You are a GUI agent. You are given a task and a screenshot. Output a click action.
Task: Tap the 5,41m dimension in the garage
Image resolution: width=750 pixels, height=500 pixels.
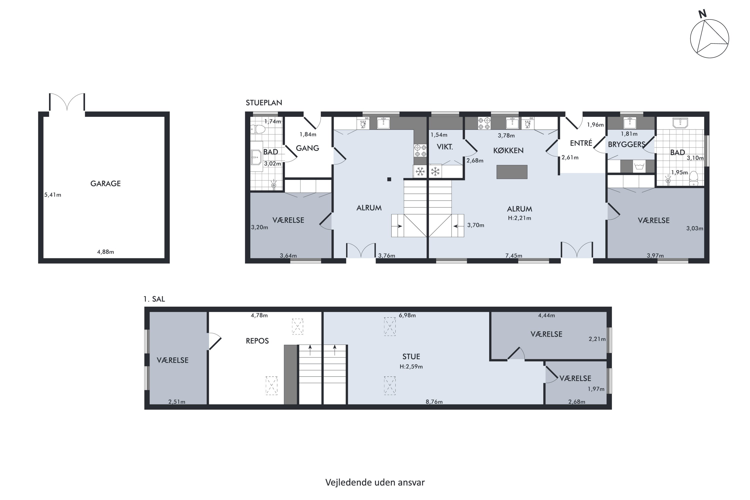click(52, 194)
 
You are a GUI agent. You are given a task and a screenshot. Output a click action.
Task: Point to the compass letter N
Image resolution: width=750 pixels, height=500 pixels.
click(702, 14)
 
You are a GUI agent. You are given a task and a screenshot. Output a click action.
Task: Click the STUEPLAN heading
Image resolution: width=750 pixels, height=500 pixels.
click(264, 103)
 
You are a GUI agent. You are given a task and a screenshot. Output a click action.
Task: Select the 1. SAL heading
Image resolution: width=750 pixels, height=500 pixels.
click(154, 299)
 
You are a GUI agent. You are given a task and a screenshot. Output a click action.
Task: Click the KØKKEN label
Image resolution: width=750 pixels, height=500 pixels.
click(508, 150)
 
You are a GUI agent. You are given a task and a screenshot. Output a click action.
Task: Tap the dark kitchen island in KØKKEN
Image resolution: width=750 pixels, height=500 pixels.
click(512, 172)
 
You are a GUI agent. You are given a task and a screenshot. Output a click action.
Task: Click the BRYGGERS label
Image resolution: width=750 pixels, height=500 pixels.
click(626, 144)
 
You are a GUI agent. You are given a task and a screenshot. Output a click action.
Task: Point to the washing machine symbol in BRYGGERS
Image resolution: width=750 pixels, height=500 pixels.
click(639, 166)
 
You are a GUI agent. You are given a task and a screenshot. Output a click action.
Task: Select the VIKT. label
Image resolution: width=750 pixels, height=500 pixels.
click(445, 147)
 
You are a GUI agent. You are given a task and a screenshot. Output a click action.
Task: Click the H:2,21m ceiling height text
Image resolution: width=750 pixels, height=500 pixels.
click(519, 218)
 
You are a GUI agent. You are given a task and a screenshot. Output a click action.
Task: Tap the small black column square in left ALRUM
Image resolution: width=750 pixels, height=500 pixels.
click(389, 179)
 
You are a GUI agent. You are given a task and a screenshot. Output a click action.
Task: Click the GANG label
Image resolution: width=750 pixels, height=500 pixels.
click(307, 148)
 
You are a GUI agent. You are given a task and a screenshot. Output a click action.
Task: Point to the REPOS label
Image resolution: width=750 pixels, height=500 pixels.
click(257, 341)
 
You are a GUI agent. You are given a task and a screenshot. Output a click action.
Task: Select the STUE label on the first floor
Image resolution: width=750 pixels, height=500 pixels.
click(411, 356)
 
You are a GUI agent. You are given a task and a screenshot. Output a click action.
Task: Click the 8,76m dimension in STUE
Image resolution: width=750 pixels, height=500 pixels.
click(434, 402)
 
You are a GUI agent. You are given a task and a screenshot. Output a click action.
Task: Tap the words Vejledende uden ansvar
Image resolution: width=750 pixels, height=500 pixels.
click(375, 482)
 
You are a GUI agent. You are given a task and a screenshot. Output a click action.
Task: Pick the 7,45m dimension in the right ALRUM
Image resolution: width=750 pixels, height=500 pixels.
click(514, 255)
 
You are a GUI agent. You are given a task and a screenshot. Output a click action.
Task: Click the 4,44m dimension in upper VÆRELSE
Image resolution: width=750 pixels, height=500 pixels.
click(546, 315)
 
